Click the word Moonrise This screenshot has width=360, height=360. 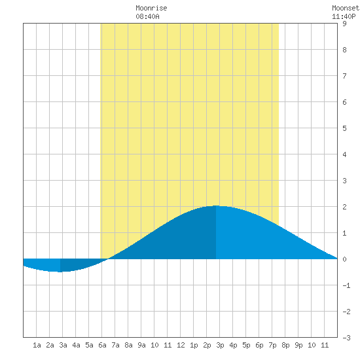(x=151, y=8)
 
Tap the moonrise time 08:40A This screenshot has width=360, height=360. (x=147, y=16)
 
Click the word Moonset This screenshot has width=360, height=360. (x=346, y=8)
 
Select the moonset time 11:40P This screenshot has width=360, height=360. (x=344, y=16)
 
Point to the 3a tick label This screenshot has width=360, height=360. (x=63, y=345)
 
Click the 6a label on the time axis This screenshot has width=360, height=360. (x=102, y=345)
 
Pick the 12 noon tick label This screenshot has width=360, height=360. (x=181, y=345)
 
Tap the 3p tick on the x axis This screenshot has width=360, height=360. (x=220, y=345)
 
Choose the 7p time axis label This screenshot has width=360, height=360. (x=272, y=345)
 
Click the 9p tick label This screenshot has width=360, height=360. (x=298, y=345)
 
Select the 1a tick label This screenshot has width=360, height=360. (x=37, y=345)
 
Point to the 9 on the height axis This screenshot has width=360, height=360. (x=344, y=24)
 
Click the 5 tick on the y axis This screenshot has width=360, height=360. (x=344, y=128)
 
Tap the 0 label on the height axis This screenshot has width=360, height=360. (x=344, y=259)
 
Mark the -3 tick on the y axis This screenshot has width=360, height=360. (x=346, y=338)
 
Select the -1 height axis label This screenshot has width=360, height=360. (x=346, y=285)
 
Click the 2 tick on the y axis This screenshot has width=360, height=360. (x=344, y=207)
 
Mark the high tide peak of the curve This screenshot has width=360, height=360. (x=216, y=206)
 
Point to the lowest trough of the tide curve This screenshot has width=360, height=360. (x=60, y=272)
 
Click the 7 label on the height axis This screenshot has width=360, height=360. (x=344, y=76)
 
